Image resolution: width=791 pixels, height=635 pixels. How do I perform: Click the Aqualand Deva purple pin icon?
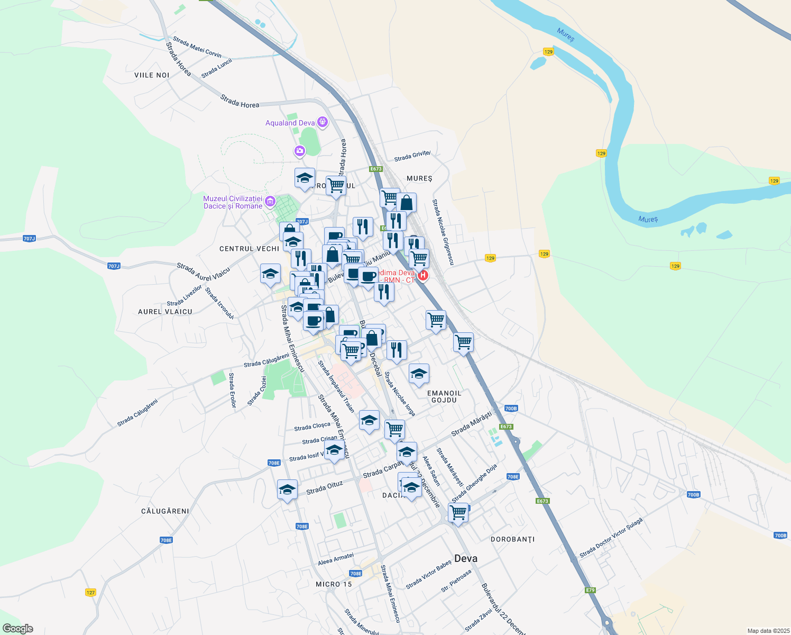pyautogui.click(x=322, y=123)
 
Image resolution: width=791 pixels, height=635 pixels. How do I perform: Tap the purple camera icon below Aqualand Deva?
pyautogui.click(x=300, y=152)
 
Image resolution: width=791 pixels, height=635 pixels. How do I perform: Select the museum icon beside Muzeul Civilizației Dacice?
pyautogui.click(x=270, y=201)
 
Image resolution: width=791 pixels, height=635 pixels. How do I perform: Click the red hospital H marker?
pyautogui.click(x=422, y=275)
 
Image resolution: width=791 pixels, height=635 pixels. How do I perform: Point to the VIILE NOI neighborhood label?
pyautogui.click(x=152, y=75)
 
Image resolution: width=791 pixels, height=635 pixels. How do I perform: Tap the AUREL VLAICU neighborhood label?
pyautogui.click(x=165, y=312)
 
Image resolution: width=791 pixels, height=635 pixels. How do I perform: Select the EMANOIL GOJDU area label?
pyautogui.click(x=444, y=396)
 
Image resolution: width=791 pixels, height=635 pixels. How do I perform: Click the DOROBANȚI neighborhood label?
pyautogui.click(x=512, y=539)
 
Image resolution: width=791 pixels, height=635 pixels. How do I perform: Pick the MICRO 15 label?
pyautogui.click(x=333, y=584)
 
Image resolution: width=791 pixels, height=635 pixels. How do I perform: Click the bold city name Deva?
pyautogui.click(x=465, y=558)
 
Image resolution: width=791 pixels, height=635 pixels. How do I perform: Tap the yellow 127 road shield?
pyautogui.click(x=90, y=593)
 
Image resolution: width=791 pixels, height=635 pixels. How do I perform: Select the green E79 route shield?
pyautogui.click(x=590, y=590)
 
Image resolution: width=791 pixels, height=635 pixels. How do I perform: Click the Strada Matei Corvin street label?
pyautogui.click(x=197, y=47)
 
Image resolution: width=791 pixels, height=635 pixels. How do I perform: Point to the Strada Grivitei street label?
pyautogui.click(x=412, y=156)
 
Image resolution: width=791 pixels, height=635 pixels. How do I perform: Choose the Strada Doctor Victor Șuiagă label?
pyautogui.click(x=611, y=538)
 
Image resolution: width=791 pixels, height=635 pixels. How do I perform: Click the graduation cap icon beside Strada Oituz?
pyautogui.click(x=287, y=489)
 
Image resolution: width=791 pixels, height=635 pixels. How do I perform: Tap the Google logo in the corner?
pyautogui.click(x=17, y=629)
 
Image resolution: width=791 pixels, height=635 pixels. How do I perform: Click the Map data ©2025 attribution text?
pyautogui.click(x=768, y=631)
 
